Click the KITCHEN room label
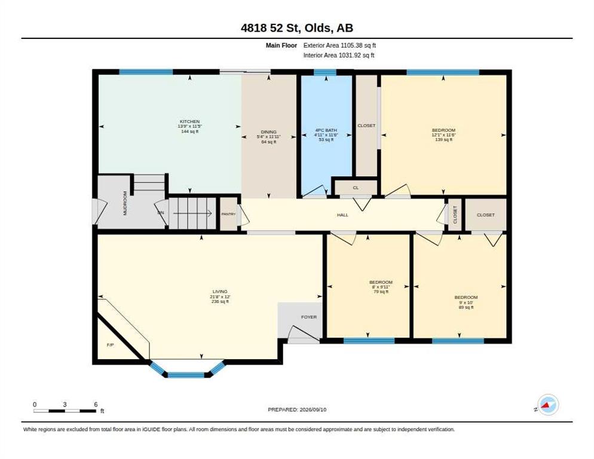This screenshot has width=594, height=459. tap(189, 121)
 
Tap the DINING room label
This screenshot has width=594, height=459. tap(268, 132)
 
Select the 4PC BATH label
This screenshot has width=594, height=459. tap(326, 130)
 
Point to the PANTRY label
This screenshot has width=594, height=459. tap(228, 214)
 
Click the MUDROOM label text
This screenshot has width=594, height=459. tap(125, 203)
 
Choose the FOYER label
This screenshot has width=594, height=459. tap(309, 317)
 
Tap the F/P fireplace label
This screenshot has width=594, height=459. tap(110, 345)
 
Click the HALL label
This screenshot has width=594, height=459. tap(342, 215)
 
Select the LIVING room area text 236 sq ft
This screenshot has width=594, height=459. tap(220, 302)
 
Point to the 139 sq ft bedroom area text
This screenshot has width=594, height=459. tap(443, 139)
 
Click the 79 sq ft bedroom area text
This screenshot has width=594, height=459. tap(381, 292)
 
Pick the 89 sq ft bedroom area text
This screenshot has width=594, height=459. tap(466, 307)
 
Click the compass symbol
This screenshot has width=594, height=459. tap(548, 405)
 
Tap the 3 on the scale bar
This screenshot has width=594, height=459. tap(65, 405)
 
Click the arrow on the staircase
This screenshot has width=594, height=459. tap(192, 213)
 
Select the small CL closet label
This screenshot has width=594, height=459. tap(356, 188)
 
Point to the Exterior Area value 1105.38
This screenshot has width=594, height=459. tap(352, 45)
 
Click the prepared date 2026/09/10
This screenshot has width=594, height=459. tap(313, 410)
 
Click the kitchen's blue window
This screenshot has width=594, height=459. tap(146, 72)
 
